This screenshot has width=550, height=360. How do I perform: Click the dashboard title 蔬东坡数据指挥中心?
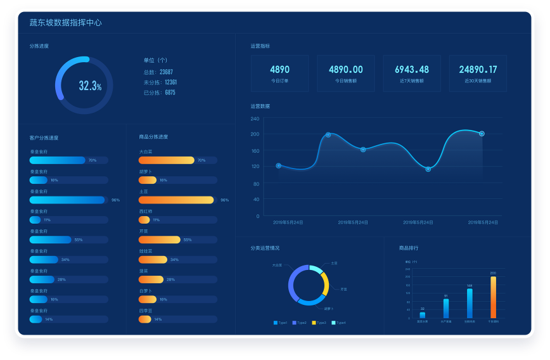(65, 23)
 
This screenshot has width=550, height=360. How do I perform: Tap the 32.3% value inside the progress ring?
(89, 86)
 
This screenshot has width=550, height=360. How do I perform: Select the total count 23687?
(166, 72)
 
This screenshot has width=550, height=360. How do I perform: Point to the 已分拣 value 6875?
(170, 93)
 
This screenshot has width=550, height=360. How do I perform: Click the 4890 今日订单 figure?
(279, 70)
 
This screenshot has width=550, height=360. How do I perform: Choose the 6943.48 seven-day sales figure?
(411, 70)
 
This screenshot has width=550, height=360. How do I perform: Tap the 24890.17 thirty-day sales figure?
(478, 70)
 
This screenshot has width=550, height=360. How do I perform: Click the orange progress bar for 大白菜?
(166, 160)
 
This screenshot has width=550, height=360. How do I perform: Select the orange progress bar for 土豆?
(176, 200)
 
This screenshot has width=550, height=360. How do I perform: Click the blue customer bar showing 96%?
(67, 200)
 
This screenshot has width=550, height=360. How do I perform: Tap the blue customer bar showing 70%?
(57, 160)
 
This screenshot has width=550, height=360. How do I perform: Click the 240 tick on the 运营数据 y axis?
(255, 119)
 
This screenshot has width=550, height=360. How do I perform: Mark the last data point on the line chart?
(482, 134)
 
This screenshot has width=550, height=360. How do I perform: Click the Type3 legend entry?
(319, 323)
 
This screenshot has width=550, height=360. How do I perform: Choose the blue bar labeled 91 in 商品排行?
(446, 308)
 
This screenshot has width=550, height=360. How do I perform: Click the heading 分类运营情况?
(265, 248)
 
